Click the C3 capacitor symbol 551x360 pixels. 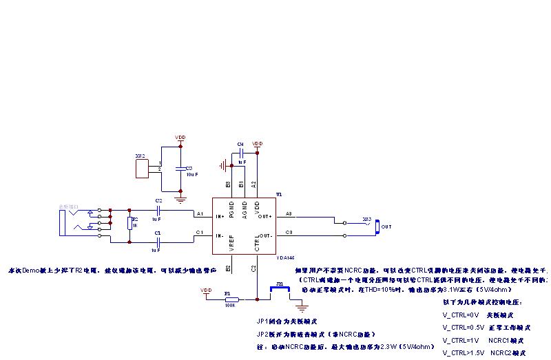180,167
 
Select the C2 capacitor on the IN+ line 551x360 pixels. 158,210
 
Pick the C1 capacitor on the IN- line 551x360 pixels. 158,242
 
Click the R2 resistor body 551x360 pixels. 129,224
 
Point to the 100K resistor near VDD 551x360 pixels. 231,299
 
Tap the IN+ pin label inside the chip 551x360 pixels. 220,215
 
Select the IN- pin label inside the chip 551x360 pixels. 220,236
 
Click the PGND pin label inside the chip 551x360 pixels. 231,209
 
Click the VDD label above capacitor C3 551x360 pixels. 180,137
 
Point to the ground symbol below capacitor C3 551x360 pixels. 180,200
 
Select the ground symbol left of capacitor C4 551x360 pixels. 222,165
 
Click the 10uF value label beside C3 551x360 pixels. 191,175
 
